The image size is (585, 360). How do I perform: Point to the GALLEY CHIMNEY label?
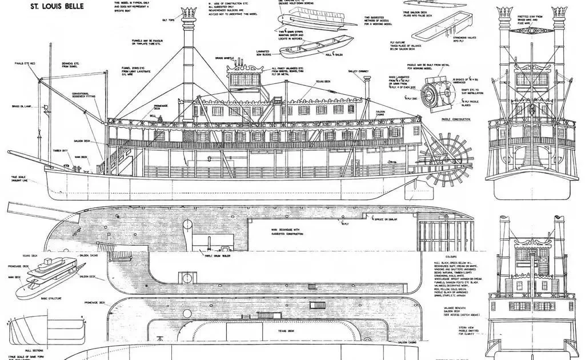coord(358,72)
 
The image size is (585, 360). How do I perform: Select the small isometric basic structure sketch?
coord(46,280)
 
